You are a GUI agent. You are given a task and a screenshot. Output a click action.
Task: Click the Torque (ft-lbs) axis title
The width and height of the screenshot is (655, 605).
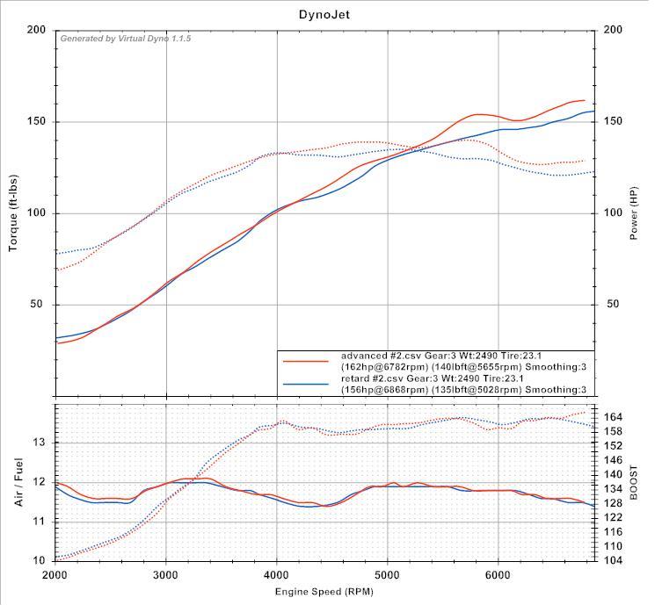point(13,212)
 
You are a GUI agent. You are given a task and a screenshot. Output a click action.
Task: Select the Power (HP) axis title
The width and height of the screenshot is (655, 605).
point(634,212)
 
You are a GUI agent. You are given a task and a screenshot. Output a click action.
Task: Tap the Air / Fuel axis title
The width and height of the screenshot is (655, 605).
point(18,481)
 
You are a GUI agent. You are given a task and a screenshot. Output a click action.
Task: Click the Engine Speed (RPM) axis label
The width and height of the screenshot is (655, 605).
point(324,592)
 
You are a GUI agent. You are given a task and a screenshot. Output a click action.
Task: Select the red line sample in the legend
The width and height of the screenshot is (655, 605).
point(306,361)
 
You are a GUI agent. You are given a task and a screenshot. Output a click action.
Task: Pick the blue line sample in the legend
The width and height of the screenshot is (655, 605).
point(306,384)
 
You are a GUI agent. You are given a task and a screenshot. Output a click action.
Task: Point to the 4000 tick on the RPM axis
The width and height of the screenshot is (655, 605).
point(277,574)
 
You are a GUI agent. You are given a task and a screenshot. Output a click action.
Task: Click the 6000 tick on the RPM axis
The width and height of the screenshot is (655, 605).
point(499,574)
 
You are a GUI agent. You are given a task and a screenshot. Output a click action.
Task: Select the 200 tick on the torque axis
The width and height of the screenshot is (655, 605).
point(36,30)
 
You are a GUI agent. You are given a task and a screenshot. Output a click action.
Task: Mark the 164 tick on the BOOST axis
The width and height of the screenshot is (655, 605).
point(615,417)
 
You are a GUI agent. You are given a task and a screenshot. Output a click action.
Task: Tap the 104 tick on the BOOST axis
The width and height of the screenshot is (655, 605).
point(615,560)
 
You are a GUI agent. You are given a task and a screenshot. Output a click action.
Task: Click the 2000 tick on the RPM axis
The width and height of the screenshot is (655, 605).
point(55,574)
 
